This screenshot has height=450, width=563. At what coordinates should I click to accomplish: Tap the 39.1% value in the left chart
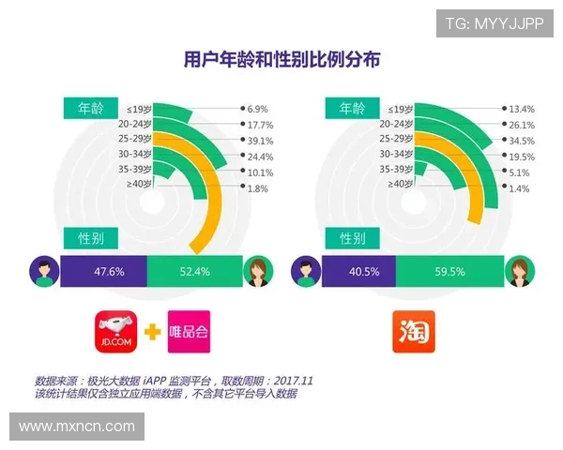[261, 141]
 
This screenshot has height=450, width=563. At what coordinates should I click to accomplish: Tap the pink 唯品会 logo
[188, 332]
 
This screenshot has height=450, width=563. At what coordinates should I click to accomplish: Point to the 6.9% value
[258, 109]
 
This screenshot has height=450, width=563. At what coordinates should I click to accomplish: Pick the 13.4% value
[521, 109]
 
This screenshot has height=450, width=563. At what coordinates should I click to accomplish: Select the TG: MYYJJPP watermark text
[494, 22]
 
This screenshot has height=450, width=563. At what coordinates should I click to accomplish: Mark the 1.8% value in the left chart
[258, 188]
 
